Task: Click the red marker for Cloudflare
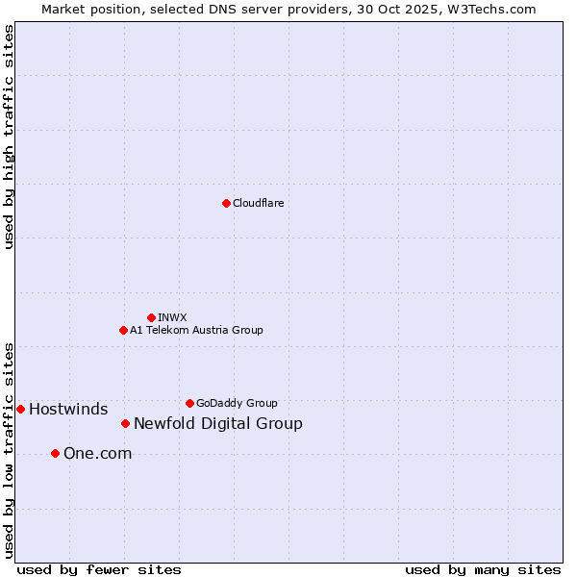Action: point(226,203)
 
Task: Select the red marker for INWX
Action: point(151,317)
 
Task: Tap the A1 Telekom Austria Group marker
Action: point(123,330)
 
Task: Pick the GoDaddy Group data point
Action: point(189,403)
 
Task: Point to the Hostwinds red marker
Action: point(20,409)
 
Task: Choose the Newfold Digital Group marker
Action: point(125,423)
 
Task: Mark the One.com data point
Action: point(55,453)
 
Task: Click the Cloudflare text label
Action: point(259,203)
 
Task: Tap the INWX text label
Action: point(172,317)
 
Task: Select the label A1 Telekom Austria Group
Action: point(196,330)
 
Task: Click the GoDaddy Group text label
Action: point(237,403)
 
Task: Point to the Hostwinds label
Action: point(68,410)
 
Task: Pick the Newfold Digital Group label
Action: point(218,424)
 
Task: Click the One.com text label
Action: point(97,454)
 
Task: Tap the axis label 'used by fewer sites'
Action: point(99,569)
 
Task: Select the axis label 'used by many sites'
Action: point(483,569)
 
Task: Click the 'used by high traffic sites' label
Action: point(10,137)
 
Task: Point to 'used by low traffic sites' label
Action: point(10,449)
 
